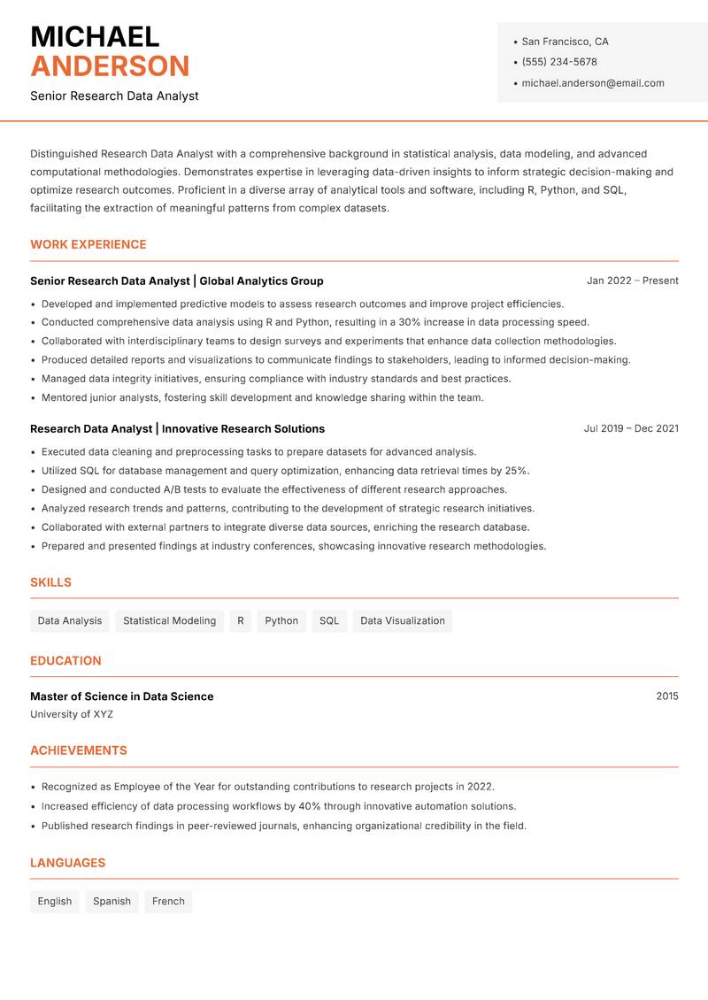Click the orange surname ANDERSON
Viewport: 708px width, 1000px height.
110,66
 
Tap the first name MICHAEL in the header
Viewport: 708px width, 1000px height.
95,36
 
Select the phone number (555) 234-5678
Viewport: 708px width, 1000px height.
558,62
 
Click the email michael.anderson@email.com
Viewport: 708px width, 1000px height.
592,83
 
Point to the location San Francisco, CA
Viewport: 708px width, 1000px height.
565,42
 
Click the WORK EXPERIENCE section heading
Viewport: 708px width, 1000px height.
88,244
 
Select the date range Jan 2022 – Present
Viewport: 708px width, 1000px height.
632,281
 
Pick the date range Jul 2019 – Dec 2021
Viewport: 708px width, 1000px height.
630,428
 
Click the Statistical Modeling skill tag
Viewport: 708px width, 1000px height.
169,621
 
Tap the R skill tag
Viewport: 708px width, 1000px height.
240,621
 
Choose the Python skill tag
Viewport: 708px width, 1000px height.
281,621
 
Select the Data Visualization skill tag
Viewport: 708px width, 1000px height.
402,621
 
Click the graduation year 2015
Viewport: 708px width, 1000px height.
666,696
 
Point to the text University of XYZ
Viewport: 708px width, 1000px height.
72,714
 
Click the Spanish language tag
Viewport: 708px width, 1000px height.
112,902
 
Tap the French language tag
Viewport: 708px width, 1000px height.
168,902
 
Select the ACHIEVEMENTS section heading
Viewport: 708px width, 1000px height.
79,750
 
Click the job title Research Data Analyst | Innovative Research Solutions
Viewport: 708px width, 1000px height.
177,428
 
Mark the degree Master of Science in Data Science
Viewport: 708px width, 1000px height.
121,696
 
